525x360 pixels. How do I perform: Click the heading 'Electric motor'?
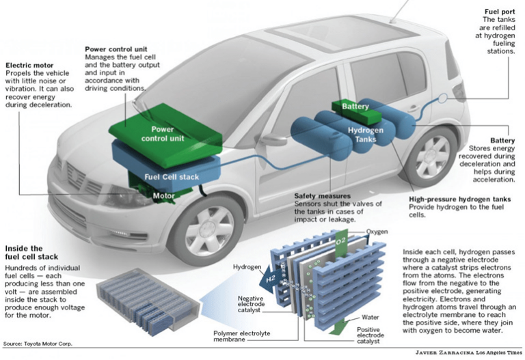coord(29,66)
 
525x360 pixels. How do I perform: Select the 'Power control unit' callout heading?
coord(116,49)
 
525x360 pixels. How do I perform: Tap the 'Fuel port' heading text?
coord(500,12)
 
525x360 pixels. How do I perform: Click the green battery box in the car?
coord(356,112)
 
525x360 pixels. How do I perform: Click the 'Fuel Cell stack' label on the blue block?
coord(172,177)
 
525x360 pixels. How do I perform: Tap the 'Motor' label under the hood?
coord(164,196)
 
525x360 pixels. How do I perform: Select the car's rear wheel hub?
coord(433,156)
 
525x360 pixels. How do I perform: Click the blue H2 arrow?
coord(271,278)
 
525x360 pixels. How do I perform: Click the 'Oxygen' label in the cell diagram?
coord(377,232)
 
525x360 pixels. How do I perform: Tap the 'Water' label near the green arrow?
coord(370,317)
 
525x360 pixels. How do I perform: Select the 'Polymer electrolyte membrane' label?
coord(242,336)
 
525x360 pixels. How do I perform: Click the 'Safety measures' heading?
coord(323,196)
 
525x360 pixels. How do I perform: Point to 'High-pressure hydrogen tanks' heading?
coord(459,199)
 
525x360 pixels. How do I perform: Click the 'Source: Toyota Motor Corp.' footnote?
coord(38,344)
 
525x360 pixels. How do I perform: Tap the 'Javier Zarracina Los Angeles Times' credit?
coord(468,352)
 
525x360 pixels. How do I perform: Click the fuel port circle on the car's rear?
coord(443,98)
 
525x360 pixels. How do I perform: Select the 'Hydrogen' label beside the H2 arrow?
coord(247,267)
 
